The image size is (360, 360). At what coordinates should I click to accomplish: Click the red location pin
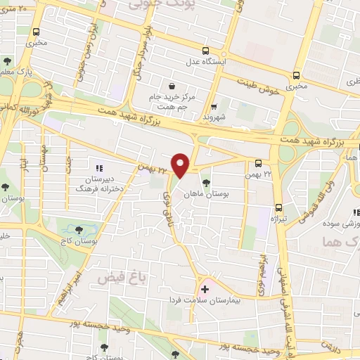pyautogui.click(x=181, y=164)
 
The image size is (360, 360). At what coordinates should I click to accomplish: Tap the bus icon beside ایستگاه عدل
pyautogui.click(x=205, y=51)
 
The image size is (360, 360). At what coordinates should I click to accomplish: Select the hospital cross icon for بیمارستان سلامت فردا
pyautogui.click(x=205, y=288)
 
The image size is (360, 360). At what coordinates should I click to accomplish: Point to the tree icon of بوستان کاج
pyautogui.click(x=78, y=230)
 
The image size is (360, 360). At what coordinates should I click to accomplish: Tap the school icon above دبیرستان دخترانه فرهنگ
pyautogui.click(x=99, y=169)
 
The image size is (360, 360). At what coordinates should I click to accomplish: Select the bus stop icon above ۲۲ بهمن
pyautogui.click(x=259, y=161)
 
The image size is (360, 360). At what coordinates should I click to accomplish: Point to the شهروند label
pyautogui.click(x=210, y=117)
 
